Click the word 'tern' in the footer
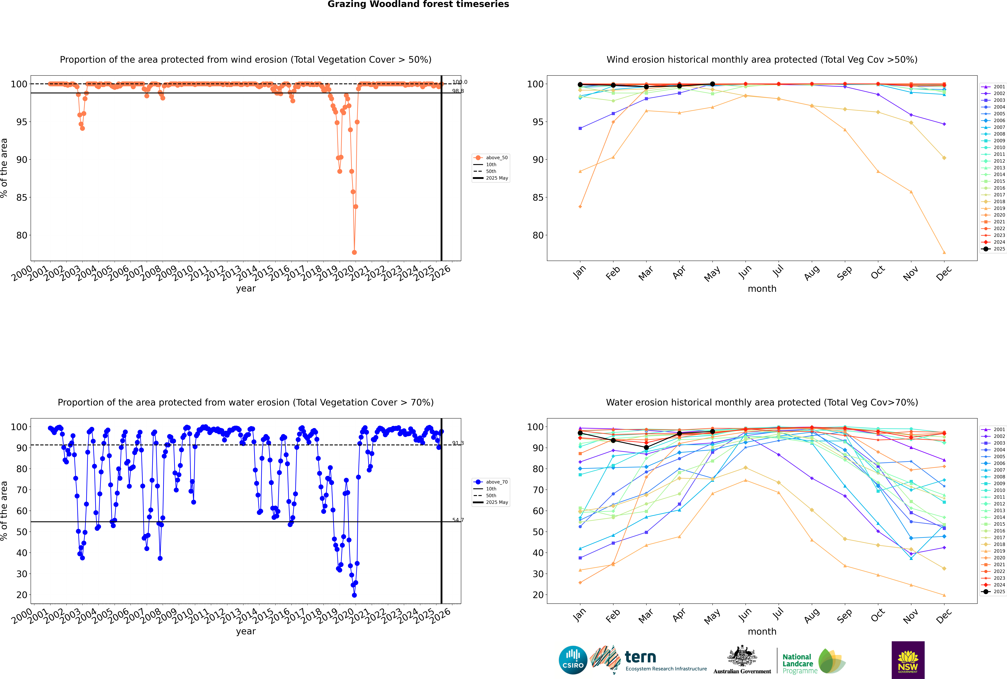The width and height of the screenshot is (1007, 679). point(640,657)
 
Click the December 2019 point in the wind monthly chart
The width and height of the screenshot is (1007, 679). point(944,252)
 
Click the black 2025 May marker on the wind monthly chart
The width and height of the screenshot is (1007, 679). point(712,84)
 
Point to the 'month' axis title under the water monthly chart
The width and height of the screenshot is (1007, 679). point(762,631)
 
